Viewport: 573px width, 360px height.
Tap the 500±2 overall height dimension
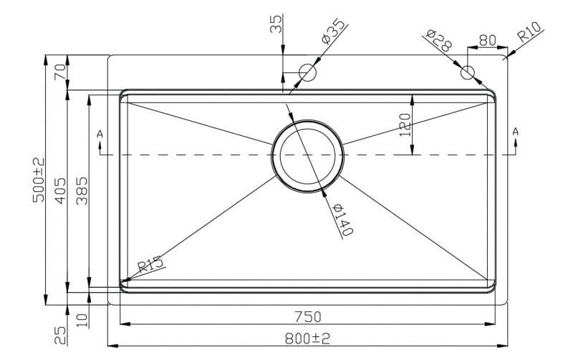[x=39, y=180]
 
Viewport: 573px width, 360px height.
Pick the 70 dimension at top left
[x=60, y=72]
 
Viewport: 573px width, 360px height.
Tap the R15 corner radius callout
[x=151, y=264]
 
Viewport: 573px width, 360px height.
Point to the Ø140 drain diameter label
[x=343, y=219]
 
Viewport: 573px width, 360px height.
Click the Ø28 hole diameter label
[x=438, y=40]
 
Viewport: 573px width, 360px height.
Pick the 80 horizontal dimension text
[x=487, y=40]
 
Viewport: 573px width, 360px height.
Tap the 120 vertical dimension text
[x=404, y=125]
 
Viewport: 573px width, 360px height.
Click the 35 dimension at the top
[x=276, y=24]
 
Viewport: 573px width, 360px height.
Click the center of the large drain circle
[x=307, y=155]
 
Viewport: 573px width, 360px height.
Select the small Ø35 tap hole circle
[x=308, y=72]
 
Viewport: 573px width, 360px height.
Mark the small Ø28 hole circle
[x=468, y=72]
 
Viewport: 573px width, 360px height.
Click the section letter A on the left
[x=99, y=134]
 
